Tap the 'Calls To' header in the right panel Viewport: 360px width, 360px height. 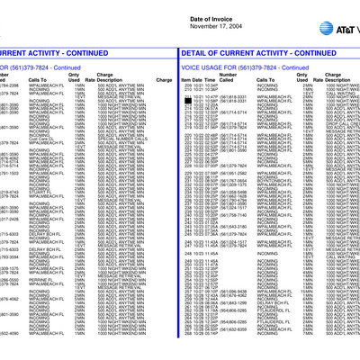270,105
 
